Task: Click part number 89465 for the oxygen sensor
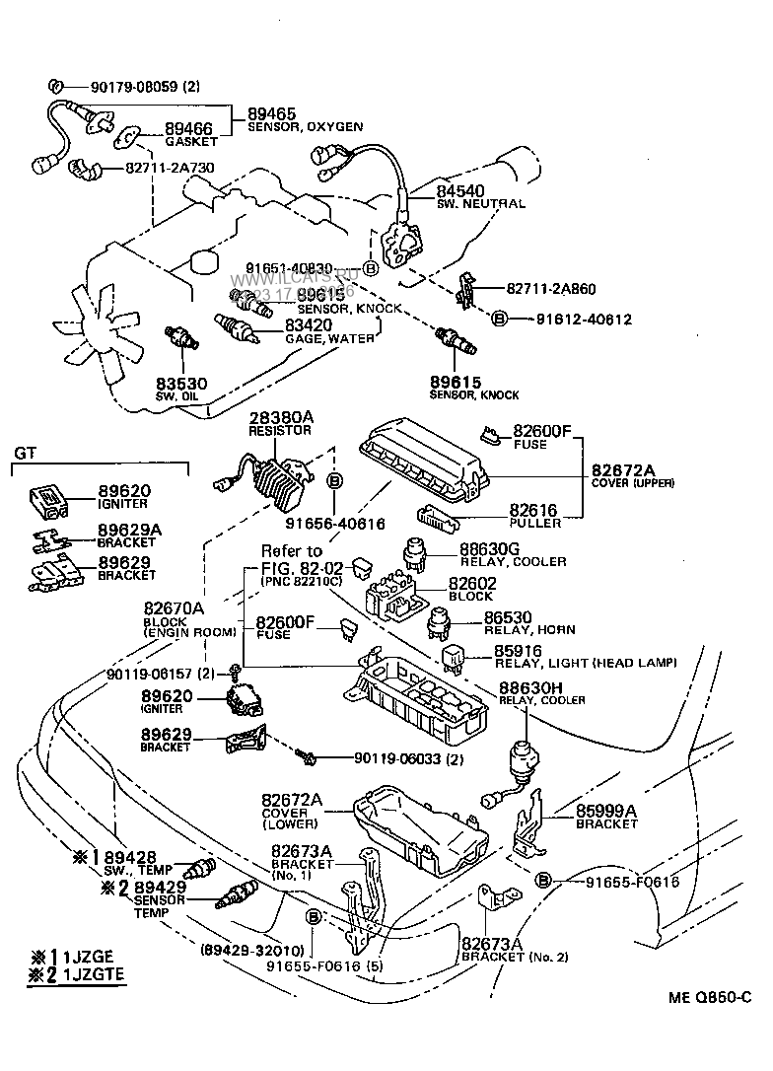pyautogui.click(x=271, y=114)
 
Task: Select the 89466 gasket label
pyautogui.click(x=188, y=129)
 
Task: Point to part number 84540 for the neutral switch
pyautogui.click(x=461, y=191)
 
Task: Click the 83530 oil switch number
pyautogui.click(x=179, y=383)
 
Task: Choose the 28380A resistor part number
pyautogui.click(x=279, y=418)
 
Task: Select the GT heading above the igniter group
pyautogui.click(x=25, y=453)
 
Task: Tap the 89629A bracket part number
pyautogui.click(x=129, y=530)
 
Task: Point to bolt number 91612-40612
pyautogui.click(x=584, y=320)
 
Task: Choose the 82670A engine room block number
pyautogui.click(x=174, y=608)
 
